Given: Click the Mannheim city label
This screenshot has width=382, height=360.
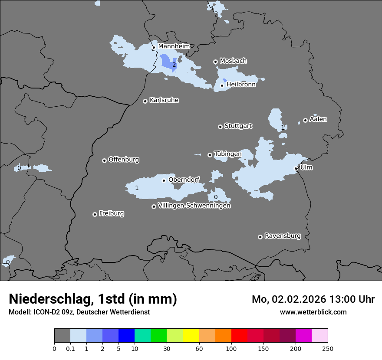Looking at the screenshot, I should pos(174,46).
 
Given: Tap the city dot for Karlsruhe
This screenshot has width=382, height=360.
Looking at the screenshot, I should pos(145,101).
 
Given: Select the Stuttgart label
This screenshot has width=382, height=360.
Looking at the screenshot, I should pos(238,126).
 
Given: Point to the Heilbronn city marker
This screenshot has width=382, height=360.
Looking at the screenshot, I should pos(222,85).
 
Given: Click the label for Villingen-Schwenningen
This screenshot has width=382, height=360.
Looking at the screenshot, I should pos(194,206).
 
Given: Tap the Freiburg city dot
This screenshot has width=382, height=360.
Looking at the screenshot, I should pos(95,214).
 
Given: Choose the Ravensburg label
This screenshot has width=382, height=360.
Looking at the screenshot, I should pos(282,236).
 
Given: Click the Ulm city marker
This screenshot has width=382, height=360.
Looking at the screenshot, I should pos(296,168).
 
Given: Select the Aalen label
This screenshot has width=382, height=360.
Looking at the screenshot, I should pos(318,119).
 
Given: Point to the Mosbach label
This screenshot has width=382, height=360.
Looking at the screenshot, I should pos(233,61).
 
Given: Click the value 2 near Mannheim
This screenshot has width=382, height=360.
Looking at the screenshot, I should pos(174,65).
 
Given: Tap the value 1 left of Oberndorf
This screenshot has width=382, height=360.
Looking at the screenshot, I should pos(137,188).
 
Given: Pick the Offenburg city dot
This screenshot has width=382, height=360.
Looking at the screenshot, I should pos(104,160).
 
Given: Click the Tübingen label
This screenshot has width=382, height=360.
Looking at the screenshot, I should pos(227,154).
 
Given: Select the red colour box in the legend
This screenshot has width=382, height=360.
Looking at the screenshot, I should pos(239,336).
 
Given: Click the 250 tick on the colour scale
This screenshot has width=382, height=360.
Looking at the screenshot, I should pos(328,348).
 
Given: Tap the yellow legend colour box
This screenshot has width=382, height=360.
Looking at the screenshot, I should pos(191,336).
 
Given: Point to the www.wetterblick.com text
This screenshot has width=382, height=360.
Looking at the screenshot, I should pos(313,312).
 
